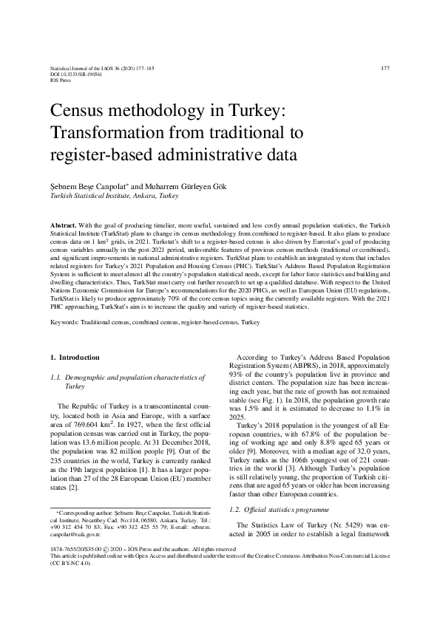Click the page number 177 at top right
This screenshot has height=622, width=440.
click(x=385, y=69)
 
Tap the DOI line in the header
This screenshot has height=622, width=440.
click(x=75, y=75)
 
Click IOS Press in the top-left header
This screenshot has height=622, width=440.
click(x=60, y=81)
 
